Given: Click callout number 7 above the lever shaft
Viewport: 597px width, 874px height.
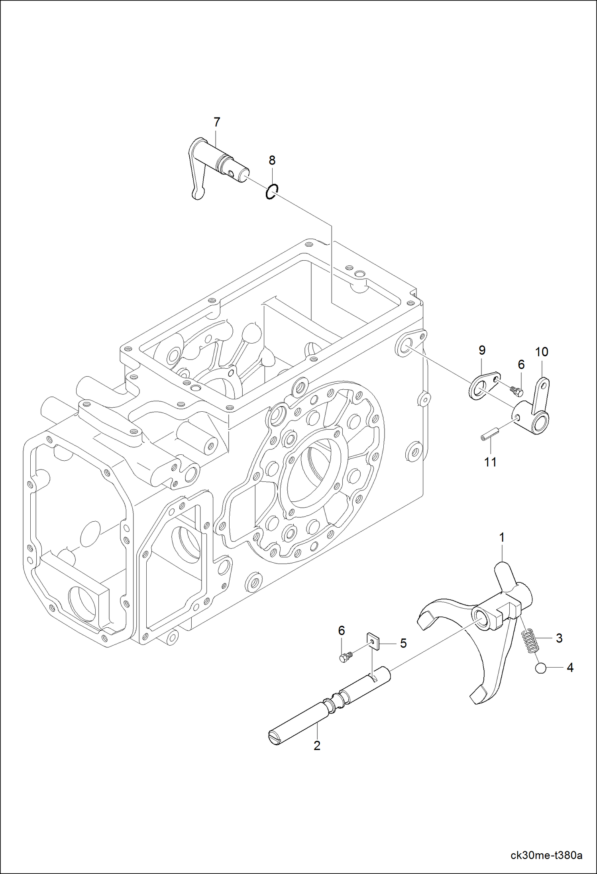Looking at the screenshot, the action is coord(217,122).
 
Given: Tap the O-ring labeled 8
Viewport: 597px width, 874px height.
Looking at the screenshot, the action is coord(272,192).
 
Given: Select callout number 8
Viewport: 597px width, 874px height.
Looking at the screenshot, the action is coord(272,161).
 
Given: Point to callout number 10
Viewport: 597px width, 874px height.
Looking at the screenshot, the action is coord(542,352).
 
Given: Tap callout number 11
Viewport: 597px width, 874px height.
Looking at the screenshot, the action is coord(490,462).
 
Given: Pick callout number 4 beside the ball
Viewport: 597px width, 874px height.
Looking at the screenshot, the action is coord(570,668).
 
